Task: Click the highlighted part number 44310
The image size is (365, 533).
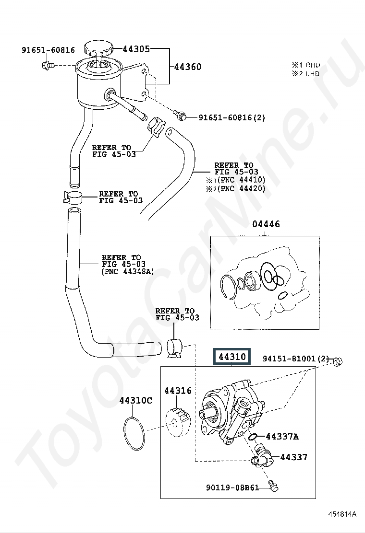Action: click(232, 357)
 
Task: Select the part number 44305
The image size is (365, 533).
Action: click(136, 49)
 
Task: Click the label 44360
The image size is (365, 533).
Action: click(188, 67)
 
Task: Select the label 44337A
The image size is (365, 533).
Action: click(282, 436)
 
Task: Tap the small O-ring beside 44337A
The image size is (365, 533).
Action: click(253, 437)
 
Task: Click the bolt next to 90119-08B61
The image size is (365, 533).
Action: click(273, 486)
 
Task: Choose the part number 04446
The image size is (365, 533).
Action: click(266, 224)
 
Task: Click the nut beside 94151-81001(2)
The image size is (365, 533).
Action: click(338, 361)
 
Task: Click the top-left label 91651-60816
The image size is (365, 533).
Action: click(49, 50)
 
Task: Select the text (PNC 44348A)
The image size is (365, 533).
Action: click(128, 272)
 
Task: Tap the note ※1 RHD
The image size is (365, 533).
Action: click(306, 65)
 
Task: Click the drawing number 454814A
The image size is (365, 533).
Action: click(342, 514)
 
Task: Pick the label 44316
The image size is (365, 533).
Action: click(178, 391)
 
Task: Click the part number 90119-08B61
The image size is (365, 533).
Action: click(232, 487)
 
